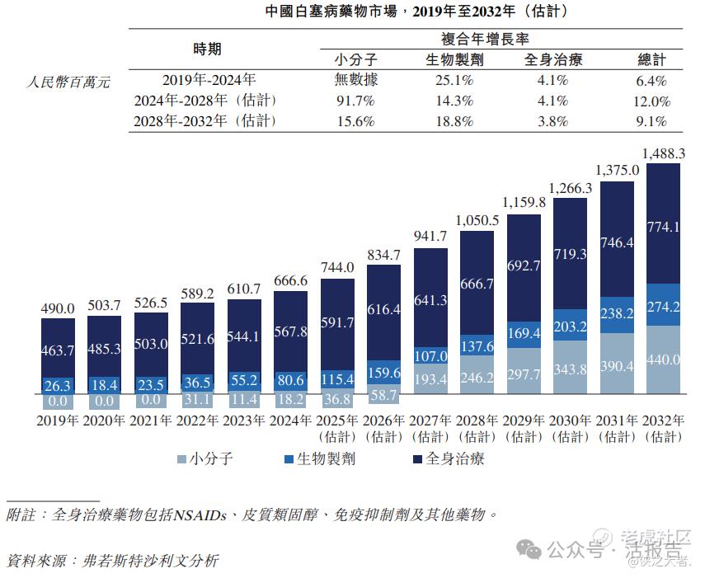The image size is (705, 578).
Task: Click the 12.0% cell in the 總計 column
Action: click(651, 101)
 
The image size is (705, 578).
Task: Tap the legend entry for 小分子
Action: click(204, 459)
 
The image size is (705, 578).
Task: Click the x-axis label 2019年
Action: click(57, 421)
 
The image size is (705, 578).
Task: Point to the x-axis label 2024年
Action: click(289, 421)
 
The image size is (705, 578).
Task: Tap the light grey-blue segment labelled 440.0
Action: click(663, 359)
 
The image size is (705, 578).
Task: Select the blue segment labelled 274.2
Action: click(663, 305)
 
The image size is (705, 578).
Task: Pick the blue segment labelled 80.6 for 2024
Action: click(289, 380)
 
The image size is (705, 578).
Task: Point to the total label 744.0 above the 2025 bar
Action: click(336, 268)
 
